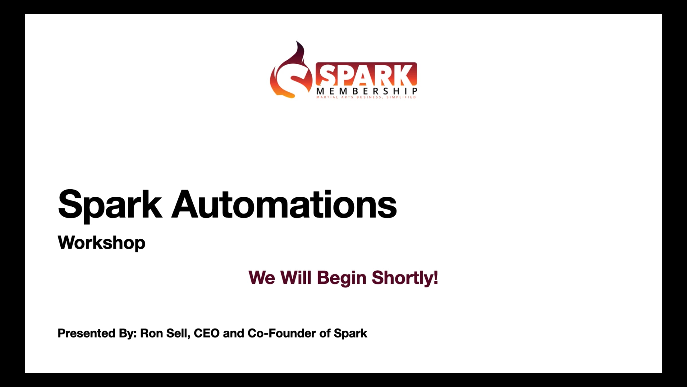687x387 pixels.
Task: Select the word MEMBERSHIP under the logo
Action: [366, 91]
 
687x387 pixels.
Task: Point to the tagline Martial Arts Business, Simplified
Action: [366, 97]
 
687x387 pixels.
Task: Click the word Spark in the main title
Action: [110, 205]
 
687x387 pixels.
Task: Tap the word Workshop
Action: [102, 243]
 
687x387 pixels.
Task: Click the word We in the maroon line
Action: [262, 277]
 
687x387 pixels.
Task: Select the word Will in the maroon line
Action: [295, 277]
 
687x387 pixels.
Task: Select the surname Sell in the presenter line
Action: [178, 333]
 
